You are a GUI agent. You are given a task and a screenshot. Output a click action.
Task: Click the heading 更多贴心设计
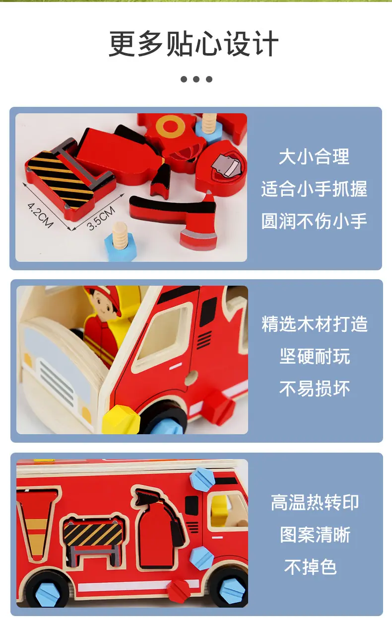coord(194,44)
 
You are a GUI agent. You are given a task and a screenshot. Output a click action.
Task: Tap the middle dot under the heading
coord(196,79)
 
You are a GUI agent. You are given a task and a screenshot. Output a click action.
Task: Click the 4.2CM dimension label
coord(40,215)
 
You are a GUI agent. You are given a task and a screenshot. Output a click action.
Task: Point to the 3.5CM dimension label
coord(101,218)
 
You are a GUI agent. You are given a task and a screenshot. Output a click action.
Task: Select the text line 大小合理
coord(314,157)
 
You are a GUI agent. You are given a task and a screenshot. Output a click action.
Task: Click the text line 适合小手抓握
coord(314,189)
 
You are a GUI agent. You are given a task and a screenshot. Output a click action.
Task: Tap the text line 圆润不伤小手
coord(314,221)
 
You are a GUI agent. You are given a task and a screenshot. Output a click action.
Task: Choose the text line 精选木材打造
coord(314,324)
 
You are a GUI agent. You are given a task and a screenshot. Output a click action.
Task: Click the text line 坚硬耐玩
coord(315,356)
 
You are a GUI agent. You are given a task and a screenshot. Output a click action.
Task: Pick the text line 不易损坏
coord(315,389)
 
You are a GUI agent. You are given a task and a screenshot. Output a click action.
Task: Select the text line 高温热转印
coord(315,502)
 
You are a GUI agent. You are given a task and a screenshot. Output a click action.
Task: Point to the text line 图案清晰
coord(315,535)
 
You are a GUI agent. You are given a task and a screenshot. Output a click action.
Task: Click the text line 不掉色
coord(310,567)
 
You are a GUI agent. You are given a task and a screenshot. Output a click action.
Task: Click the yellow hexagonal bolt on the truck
coord(121,420)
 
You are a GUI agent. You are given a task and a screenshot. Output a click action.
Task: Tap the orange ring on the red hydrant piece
coord(169,127)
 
